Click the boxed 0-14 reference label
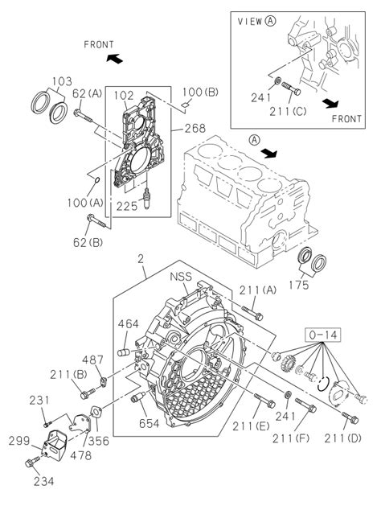[x=323, y=335]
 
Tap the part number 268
[x=195, y=128]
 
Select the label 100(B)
[x=201, y=93]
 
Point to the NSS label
[x=181, y=277]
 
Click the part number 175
[x=299, y=285]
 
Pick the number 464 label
[x=129, y=324]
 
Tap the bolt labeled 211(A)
[x=252, y=313]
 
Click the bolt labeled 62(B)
[x=96, y=221]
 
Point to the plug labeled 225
[x=147, y=199]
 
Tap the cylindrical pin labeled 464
[x=124, y=352]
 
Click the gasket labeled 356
[x=96, y=412]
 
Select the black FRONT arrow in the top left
[x=115, y=59]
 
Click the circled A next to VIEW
[x=271, y=21]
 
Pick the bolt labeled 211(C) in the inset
[x=291, y=88]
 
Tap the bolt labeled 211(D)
[x=350, y=417]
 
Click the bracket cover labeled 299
[x=55, y=443]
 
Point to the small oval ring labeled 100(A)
[x=97, y=180]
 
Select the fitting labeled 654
[x=138, y=397]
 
